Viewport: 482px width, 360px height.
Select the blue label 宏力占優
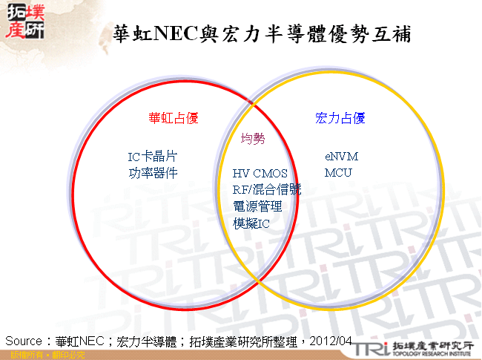point(340,118)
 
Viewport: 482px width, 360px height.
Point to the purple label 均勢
point(252,138)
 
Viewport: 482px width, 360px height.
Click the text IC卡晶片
point(152,157)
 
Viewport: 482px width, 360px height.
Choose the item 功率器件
point(152,173)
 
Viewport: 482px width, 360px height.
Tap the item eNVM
point(341,157)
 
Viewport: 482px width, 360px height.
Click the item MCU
point(338,173)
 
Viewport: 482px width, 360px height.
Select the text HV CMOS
point(260,174)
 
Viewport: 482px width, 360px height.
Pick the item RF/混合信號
point(266,190)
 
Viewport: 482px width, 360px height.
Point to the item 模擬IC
point(251,223)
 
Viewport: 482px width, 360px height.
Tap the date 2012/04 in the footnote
point(332,341)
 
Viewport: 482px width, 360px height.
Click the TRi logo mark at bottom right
point(372,347)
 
